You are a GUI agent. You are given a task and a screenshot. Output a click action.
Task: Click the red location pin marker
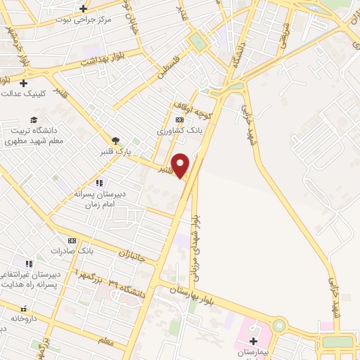click(181, 165)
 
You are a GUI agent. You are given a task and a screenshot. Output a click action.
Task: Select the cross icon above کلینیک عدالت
click(23, 83)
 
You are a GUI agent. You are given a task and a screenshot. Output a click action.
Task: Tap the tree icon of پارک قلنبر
click(115, 141)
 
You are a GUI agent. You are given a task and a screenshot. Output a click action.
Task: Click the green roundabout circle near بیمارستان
click(280, 326)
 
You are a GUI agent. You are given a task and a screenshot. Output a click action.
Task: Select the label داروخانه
click(24, 319)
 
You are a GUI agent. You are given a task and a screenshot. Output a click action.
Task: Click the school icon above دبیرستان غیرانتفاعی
click(29, 263)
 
